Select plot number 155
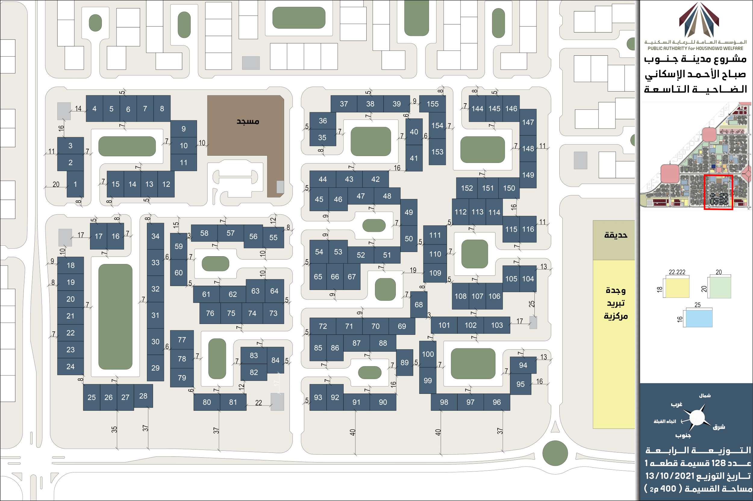point(433,104)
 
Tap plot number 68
point(419,304)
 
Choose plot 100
point(428,354)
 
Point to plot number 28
point(143,396)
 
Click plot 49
point(408,213)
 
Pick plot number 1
point(75,184)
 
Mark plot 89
point(404,362)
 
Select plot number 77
point(182,340)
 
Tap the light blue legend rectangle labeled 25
point(699,318)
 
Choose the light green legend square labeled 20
point(720,287)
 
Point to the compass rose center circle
point(697,418)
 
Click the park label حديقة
point(616,235)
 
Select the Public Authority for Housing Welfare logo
point(699,20)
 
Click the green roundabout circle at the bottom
point(555,453)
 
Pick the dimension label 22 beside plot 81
point(258,403)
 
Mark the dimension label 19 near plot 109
point(413,270)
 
